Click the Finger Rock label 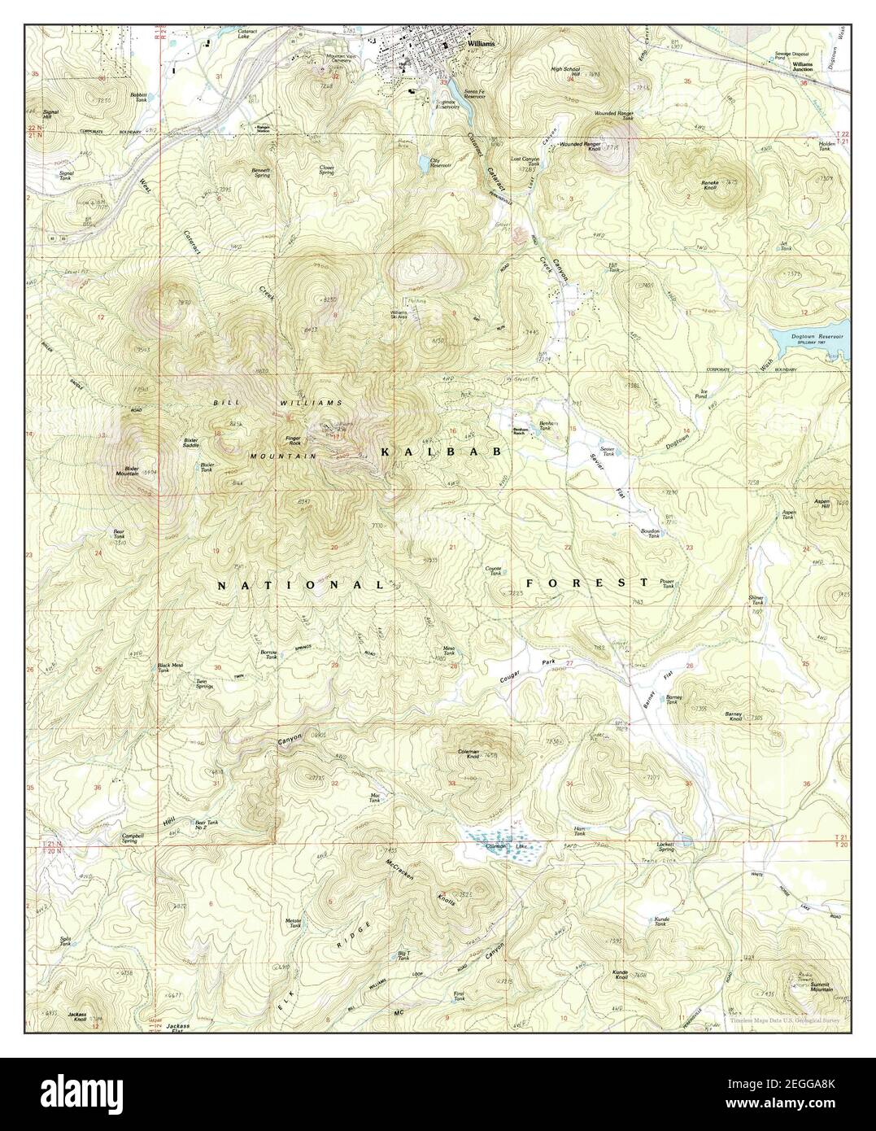point(293,440)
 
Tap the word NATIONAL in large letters point(301,585)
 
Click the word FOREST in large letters point(586,583)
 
